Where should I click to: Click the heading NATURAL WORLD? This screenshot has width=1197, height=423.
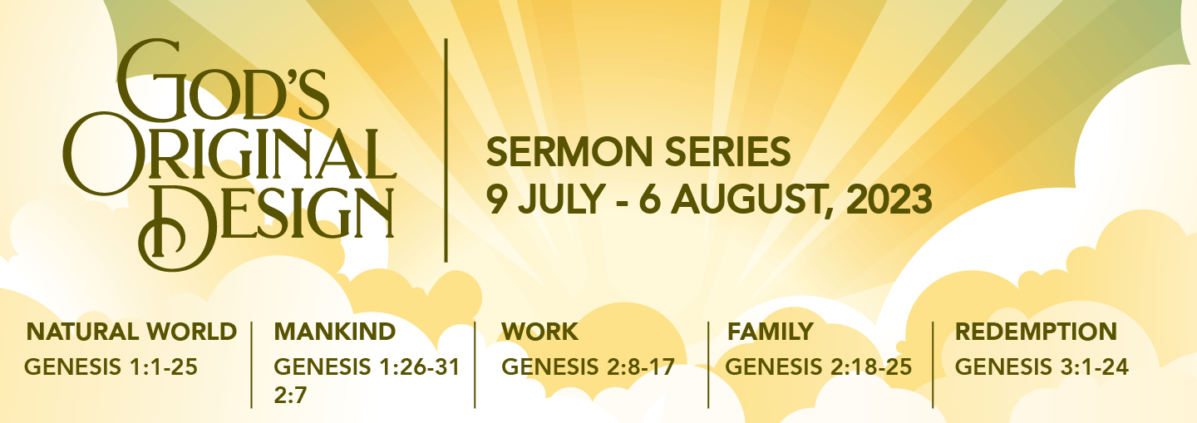[x=132, y=332]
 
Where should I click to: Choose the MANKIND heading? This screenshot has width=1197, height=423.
[x=334, y=332]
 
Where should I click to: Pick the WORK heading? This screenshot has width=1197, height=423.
[x=539, y=332]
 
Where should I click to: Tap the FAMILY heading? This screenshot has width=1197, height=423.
[x=771, y=332]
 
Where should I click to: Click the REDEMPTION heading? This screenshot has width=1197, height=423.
[x=1036, y=332]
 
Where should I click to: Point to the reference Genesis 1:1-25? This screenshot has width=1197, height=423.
[x=111, y=366]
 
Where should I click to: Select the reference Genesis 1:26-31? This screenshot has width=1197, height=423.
[x=367, y=366]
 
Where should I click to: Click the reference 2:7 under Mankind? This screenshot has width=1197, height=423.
[x=291, y=395]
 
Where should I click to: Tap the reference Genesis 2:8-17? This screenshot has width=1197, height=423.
[x=588, y=366]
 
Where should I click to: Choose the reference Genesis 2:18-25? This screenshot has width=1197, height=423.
[x=819, y=366]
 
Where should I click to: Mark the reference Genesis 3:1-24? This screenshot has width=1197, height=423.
[x=1042, y=366]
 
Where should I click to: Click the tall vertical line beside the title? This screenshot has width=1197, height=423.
[x=446, y=150]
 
